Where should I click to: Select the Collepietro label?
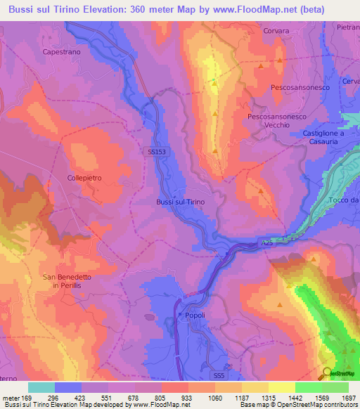[x=85, y=178]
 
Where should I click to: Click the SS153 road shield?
[x=157, y=151]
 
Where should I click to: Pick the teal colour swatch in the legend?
[x=41, y=387]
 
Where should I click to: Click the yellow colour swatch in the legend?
[x=281, y=387]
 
